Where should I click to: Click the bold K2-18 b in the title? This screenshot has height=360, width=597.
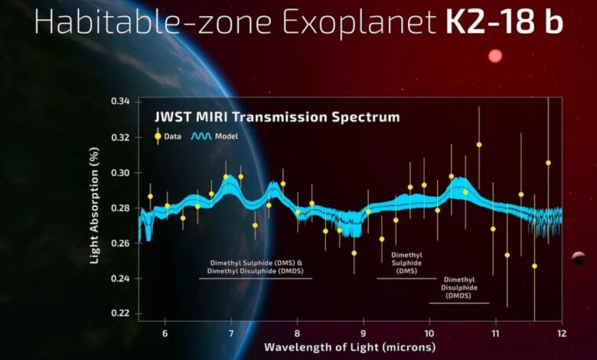point(504,23)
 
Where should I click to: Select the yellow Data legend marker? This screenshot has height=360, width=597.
point(158,136)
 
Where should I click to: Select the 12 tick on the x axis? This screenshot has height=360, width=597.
point(561,334)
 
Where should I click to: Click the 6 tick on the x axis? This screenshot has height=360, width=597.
point(165,334)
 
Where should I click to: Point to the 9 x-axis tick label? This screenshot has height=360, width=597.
point(363,334)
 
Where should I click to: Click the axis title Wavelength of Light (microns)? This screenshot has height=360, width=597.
point(350,348)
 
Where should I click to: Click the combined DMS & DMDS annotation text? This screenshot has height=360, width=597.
point(255,266)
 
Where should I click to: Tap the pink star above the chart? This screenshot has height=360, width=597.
point(495,56)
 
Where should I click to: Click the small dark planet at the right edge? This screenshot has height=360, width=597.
point(579,258)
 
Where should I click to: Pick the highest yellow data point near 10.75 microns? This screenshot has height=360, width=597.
point(479,144)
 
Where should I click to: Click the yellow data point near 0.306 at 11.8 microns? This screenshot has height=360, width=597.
point(548,162)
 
